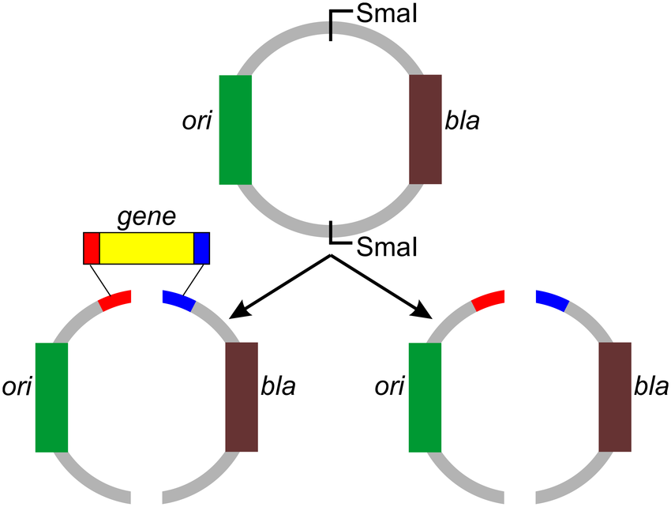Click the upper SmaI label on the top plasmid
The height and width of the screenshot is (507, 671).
coord(383,13)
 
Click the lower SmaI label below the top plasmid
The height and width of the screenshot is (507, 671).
coord(383,247)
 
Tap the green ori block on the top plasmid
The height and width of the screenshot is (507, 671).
coord(235,130)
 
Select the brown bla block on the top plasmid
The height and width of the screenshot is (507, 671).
coord(425,130)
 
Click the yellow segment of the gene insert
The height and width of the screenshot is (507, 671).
coord(147,248)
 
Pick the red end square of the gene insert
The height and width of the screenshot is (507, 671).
coord(92,248)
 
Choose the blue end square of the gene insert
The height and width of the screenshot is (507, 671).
coord(202,248)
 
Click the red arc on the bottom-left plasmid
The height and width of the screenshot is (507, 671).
coord(115,301)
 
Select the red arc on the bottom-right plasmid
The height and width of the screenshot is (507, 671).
coord(487,300)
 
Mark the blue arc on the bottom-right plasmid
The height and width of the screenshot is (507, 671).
coord(552,300)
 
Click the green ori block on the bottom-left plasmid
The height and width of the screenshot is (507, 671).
coord(52,396)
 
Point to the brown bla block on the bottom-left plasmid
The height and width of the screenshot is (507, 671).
coord(242,396)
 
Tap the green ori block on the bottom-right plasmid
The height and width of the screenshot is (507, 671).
coord(425,396)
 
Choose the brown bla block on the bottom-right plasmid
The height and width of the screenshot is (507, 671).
coord(615,396)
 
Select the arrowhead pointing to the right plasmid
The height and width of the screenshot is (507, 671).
coord(425,312)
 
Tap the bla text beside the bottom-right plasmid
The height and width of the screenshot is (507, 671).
coord(651,388)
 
